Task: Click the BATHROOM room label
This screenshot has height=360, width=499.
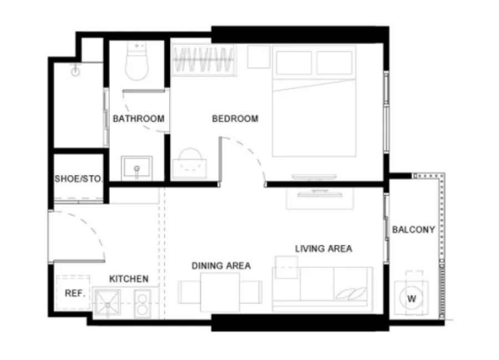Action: [139, 119]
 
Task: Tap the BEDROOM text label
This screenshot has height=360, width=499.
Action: [235, 119]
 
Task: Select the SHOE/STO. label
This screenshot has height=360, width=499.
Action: [78, 179]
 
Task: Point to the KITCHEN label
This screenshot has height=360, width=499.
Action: [129, 279]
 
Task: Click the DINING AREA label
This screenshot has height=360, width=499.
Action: [221, 266]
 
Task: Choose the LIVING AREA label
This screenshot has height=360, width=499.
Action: [323, 249]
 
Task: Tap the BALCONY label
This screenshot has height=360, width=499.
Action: [414, 230]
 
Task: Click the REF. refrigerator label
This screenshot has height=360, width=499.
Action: [75, 293]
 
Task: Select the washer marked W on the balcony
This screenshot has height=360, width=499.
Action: [411, 298]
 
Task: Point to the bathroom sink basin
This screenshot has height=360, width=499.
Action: [136, 168]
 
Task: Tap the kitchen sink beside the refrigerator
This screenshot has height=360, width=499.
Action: [108, 304]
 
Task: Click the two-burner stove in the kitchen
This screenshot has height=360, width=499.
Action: [142, 303]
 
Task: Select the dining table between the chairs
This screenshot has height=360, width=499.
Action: [220, 292]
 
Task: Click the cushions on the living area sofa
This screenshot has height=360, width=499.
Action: [352, 293]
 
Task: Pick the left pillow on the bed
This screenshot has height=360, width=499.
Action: [294, 63]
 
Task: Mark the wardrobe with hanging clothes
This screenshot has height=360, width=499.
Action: [203, 60]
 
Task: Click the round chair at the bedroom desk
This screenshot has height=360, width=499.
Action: [190, 159]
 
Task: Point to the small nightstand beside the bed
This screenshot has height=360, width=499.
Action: [258, 57]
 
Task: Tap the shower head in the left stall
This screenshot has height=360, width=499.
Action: [75, 70]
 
